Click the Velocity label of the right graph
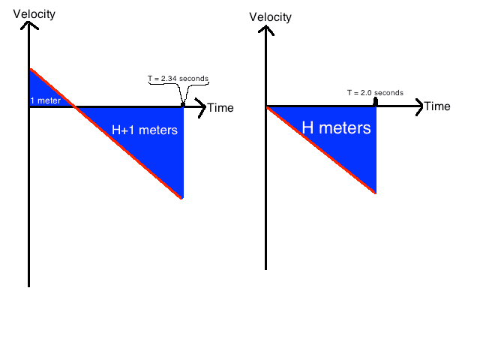270,17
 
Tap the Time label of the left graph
220,108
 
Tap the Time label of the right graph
437,106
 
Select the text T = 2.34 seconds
178,78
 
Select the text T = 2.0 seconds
375,93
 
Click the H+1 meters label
145,130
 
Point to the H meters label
336,128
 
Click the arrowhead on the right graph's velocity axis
265,31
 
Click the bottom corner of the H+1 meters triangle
181,197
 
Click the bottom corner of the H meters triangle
374,192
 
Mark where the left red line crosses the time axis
73,106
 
